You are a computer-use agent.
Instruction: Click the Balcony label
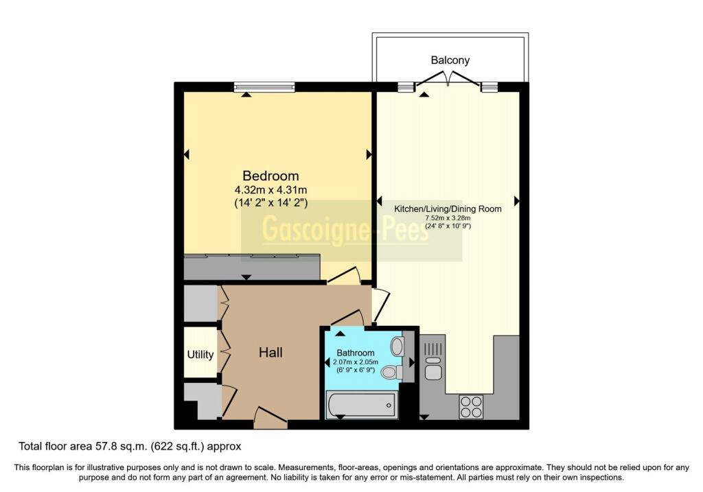coord(450,60)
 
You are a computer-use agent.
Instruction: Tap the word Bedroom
coord(270,176)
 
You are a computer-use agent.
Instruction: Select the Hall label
coord(270,352)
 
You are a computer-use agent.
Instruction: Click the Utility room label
coord(200,355)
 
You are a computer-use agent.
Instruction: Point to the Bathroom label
coord(355,353)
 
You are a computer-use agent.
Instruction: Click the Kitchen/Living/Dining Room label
coord(448,209)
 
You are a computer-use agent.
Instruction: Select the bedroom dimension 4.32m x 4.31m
coord(270,190)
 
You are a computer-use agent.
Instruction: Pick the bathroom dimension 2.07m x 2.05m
coord(355,362)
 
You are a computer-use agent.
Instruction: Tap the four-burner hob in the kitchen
coord(471,406)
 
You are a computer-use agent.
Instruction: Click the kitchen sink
coord(433,362)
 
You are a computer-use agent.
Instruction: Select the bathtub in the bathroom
coord(361,405)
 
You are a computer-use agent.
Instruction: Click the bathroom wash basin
coord(397,346)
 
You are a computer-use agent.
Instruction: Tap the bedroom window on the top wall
coord(264,87)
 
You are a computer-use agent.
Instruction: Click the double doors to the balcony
coord(448,79)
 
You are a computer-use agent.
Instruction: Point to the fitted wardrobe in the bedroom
coord(252,267)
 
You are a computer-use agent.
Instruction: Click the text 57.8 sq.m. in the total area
coord(121,446)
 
